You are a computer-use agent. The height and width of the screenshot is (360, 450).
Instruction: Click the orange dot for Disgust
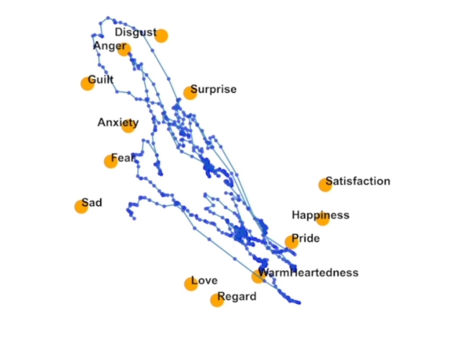click(161, 36)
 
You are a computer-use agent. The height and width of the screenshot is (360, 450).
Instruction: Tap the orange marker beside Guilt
click(88, 83)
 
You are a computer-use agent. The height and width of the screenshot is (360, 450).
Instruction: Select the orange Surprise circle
click(190, 93)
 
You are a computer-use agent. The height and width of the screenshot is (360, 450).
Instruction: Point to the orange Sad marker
click(81, 206)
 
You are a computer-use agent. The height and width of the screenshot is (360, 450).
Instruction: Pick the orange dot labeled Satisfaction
click(325, 185)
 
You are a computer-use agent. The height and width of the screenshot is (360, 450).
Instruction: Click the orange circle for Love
click(191, 284)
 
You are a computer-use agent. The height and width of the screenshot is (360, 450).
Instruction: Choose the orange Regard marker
click(217, 300)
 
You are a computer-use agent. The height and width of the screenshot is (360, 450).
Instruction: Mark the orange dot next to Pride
click(292, 242)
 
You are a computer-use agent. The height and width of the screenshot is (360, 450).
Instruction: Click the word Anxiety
click(118, 123)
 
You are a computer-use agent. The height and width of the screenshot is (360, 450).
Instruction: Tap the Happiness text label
click(321, 215)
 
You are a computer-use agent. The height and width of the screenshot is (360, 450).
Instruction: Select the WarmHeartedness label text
click(308, 273)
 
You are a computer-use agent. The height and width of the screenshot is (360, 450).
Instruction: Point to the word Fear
click(123, 158)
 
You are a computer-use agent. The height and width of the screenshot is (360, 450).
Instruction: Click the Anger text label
click(110, 46)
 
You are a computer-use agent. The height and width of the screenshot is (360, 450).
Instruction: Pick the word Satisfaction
click(358, 181)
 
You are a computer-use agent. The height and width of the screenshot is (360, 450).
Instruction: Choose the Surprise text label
click(214, 89)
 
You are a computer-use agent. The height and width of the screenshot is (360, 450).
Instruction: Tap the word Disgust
click(136, 32)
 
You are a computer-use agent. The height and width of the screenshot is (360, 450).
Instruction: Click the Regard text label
click(237, 296)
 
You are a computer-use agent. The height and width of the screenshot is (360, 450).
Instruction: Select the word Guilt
click(101, 80)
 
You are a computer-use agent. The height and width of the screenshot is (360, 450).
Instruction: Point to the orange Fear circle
click(110, 161)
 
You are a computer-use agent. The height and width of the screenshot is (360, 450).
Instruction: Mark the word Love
click(204, 280)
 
